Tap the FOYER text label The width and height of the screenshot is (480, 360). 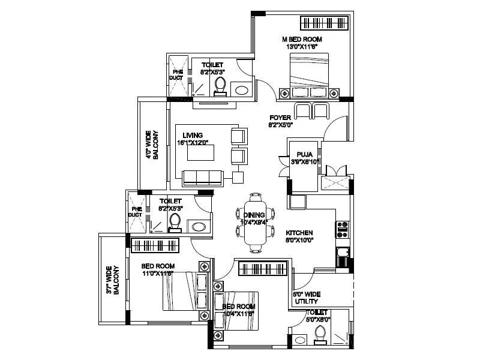[x=280, y=118]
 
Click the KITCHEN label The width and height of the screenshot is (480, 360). [x=298, y=233]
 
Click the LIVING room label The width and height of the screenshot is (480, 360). [x=190, y=136]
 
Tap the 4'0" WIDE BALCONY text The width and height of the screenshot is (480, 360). [x=151, y=145]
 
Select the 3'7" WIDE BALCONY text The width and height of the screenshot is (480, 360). [x=113, y=280]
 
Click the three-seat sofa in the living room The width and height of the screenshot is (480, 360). [x=202, y=177]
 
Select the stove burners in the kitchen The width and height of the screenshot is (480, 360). [x=344, y=227]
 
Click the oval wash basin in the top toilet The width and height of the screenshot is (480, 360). [x=242, y=91]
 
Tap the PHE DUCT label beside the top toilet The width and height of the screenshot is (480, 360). [x=178, y=74]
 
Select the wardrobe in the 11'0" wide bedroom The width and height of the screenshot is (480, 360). [x=152, y=245]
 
